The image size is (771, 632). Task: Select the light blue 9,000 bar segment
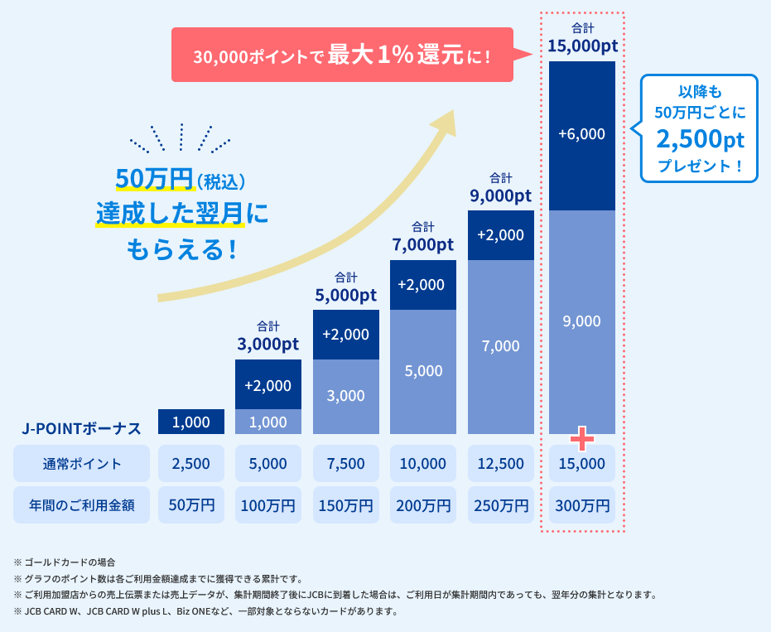581,321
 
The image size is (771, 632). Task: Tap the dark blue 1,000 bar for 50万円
190,422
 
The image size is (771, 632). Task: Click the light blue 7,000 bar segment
500,346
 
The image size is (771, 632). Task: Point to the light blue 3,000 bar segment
345,396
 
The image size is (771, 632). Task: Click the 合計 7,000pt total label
422,237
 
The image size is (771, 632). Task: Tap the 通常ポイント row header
81,464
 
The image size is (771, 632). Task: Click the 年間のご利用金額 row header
81,504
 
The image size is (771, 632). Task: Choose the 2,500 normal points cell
190,464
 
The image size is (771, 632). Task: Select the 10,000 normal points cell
422,464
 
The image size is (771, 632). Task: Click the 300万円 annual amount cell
581,504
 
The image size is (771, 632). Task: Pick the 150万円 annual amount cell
345,504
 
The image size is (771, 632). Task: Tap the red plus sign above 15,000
581,438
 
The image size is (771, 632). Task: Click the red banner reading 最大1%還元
342,55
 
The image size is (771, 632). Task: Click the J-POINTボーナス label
81,428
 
